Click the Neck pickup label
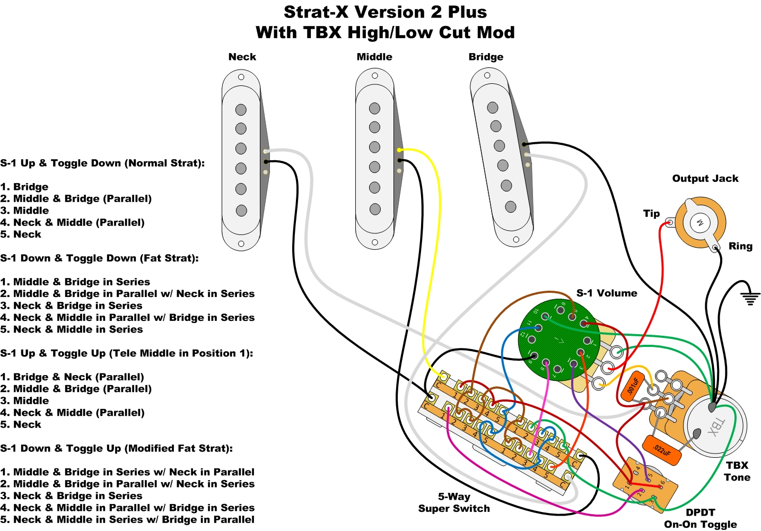(x=242, y=57)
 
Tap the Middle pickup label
(x=374, y=57)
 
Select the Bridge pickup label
(x=486, y=57)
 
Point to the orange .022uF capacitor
(x=661, y=450)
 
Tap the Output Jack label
(x=705, y=179)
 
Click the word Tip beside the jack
(x=651, y=213)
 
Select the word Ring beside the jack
(x=740, y=246)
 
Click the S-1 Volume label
(x=607, y=293)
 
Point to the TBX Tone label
(x=737, y=471)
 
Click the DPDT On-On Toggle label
(x=700, y=518)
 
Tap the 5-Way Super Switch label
(x=454, y=502)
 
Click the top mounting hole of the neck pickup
(x=241, y=77)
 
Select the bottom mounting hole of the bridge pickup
(x=516, y=240)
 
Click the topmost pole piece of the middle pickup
(x=375, y=108)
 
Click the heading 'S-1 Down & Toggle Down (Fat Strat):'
(x=100, y=258)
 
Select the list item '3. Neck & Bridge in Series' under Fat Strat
(x=72, y=306)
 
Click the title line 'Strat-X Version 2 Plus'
(x=385, y=12)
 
